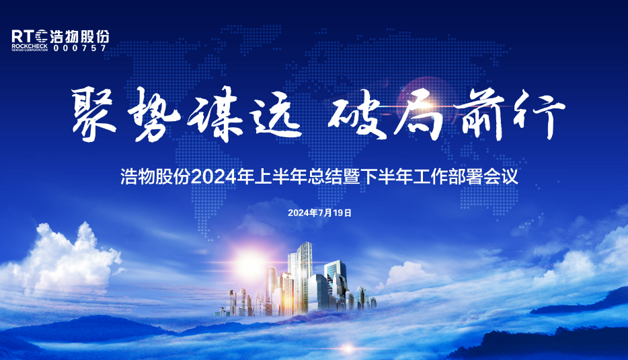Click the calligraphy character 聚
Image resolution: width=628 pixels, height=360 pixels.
pos(95,115)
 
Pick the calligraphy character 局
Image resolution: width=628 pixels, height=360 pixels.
pos(418,116)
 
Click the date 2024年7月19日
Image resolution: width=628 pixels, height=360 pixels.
pos(320,213)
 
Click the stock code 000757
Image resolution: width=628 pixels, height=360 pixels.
pos(80,49)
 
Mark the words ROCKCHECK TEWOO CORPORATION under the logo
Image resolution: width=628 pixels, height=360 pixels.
pos(31,48)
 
